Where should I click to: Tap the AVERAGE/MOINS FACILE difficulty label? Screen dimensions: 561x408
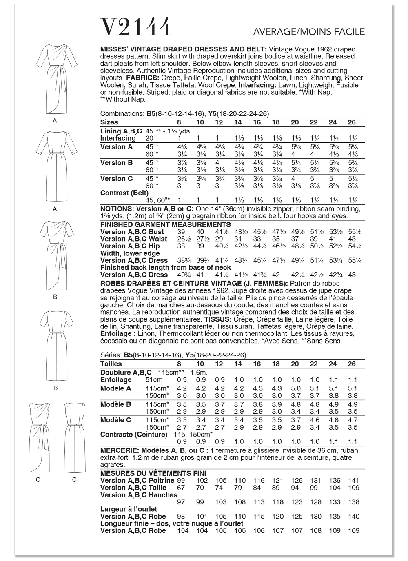tap(309, 32)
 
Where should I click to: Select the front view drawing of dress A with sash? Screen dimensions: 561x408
tap(55, 80)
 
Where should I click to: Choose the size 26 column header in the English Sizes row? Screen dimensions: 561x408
tap(352, 122)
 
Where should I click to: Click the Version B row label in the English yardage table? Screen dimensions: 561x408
tap(116, 163)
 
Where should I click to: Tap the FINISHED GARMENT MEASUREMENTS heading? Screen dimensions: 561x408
tap(165, 224)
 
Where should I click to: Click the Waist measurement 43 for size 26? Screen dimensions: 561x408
tap(352, 239)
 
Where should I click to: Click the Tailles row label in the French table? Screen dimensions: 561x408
tap(111, 364)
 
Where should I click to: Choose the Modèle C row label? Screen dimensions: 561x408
tap(116, 420)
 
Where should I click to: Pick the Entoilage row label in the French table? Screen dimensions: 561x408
tap(116, 380)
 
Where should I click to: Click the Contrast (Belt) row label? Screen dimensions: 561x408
tap(124, 193)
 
